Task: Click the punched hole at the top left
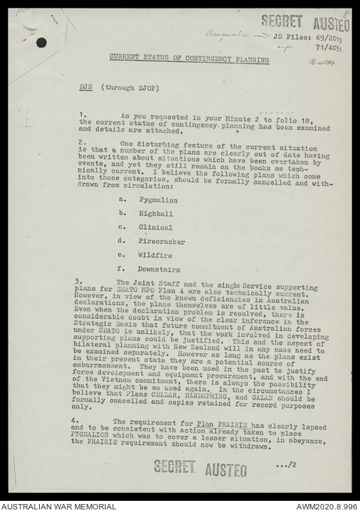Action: click(41, 42)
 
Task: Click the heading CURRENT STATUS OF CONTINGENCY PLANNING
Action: click(189, 59)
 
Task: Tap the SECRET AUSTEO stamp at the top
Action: click(305, 21)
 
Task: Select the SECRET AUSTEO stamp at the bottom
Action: click(200, 468)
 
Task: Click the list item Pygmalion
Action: click(158, 200)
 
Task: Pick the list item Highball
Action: click(156, 214)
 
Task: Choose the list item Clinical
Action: click(155, 228)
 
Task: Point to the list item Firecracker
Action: click(161, 241)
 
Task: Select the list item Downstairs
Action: click(159, 269)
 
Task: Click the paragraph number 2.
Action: click(81, 142)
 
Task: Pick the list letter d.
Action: click(121, 241)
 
